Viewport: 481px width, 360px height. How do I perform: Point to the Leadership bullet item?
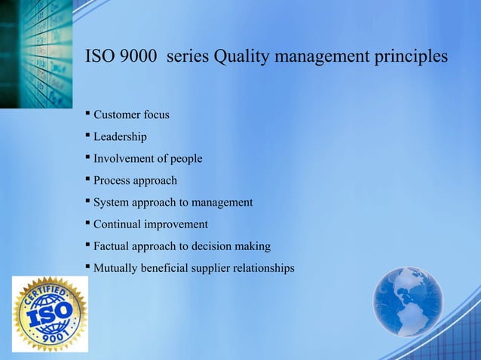click(120, 137)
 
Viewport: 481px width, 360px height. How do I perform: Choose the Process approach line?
click(135, 181)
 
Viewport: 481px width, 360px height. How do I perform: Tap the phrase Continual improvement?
click(150, 224)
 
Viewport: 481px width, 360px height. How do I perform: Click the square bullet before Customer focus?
click(87, 114)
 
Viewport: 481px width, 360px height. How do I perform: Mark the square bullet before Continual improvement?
click(87, 223)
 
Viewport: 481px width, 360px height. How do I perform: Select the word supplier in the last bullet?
click(205, 268)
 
